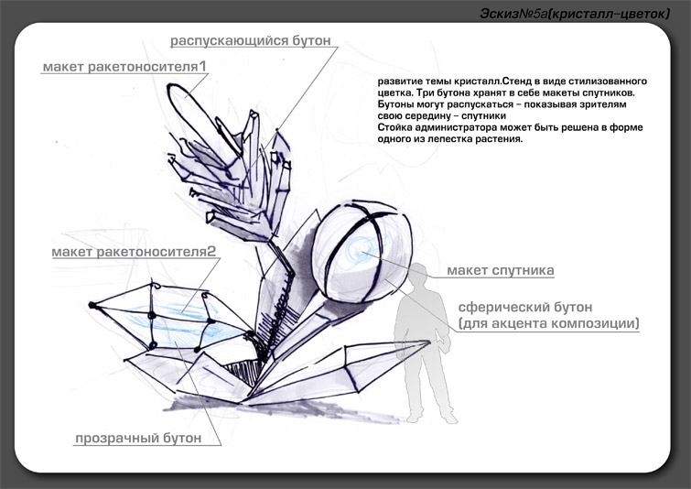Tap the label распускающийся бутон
(250, 40)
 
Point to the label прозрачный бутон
(150, 439)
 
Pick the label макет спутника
(501, 271)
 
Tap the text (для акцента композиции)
(548, 323)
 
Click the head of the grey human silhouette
(420, 272)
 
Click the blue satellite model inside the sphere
(366, 249)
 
